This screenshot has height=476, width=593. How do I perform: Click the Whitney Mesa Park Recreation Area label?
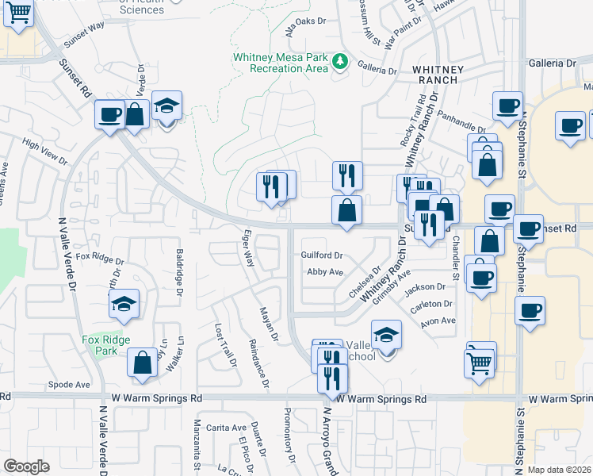pos(280,63)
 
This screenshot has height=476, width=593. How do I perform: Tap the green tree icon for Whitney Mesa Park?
pos(340,61)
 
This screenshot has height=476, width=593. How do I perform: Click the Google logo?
pos(26,466)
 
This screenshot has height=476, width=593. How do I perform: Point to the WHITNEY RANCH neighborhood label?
pos(435,75)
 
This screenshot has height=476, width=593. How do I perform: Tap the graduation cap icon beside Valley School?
pos(386,335)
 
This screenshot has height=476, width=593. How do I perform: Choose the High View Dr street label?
pos(45,152)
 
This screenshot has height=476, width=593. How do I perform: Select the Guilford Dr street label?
pos(322,255)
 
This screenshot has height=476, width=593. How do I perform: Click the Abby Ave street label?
pos(325,272)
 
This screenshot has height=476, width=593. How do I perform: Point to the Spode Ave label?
pos(69,384)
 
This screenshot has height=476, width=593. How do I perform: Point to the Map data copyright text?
pos(560,470)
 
